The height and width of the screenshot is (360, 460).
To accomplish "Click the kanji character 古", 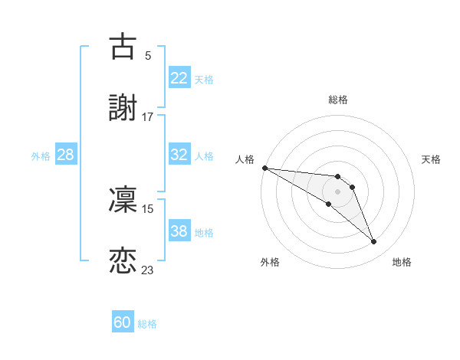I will point(123,46).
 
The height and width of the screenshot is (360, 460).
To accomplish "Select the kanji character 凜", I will point(123,199).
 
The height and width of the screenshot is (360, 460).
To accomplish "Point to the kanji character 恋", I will point(123,261).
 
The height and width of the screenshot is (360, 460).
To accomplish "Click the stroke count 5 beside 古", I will point(147,55).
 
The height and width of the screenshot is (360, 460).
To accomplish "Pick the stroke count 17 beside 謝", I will point(147,117).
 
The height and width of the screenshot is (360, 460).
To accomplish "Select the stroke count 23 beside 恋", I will point(147,270).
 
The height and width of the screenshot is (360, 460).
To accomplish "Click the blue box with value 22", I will point(179,78).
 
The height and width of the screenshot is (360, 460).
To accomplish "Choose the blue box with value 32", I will point(179,155).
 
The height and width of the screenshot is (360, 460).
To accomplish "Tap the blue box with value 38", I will point(179,231).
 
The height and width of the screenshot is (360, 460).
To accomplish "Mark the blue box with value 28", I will point(65,155).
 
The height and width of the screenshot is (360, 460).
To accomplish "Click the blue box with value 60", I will point(122,323).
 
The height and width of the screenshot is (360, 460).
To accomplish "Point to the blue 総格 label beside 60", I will point(147,324).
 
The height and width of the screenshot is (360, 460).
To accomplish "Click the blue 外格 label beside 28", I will point(41,155).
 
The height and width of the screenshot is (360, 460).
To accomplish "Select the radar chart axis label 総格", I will point(337,100).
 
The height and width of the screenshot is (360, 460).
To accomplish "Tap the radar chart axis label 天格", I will point(432,159).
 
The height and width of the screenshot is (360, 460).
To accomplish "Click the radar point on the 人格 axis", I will point(264,168).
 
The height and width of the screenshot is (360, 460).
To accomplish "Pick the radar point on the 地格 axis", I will point(373,242).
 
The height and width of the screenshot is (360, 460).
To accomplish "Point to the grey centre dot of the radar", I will point(337,191).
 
